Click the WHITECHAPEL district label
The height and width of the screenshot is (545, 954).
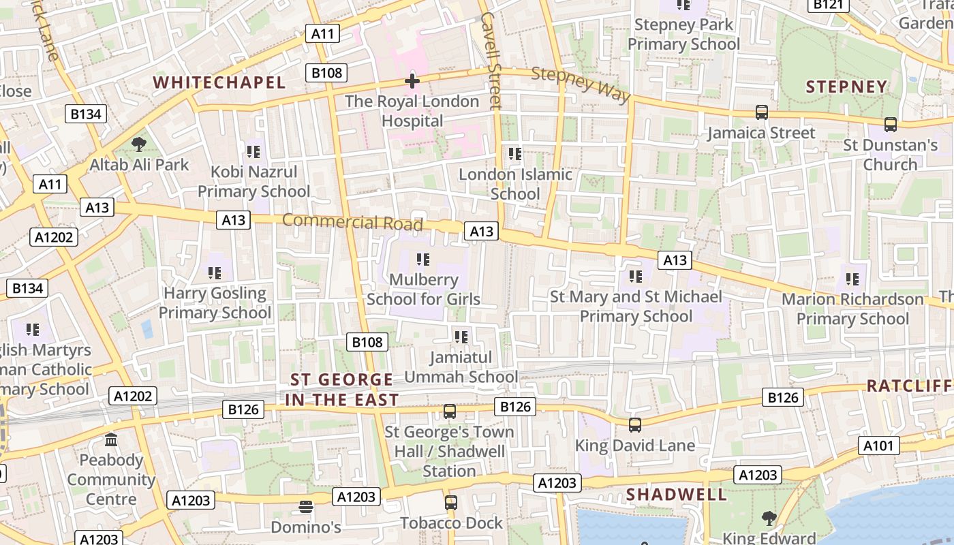pyautogui.click(x=219, y=83)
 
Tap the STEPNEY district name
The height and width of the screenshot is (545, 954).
pyautogui.click(x=847, y=87)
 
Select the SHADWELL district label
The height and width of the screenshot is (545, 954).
pyautogui.click(x=667, y=495)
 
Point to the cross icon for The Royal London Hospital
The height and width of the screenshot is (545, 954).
pyautogui.click(x=412, y=81)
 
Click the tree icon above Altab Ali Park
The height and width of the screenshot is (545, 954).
pyautogui.click(x=139, y=144)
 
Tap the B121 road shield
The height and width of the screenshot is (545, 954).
pyautogui.click(x=829, y=5)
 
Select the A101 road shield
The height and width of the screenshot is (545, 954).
pyautogui.click(x=878, y=446)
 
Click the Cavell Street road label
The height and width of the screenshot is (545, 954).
pyautogui.click(x=491, y=60)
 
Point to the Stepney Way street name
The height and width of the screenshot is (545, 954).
pyautogui.click(x=581, y=84)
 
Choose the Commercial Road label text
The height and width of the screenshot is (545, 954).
pyautogui.click(x=352, y=222)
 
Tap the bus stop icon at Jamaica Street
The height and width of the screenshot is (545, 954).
pyautogui.click(x=761, y=112)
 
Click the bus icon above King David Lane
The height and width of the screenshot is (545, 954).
pyautogui.click(x=635, y=425)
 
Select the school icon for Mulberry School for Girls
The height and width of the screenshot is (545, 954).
pyautogui.click(x=423, y=260)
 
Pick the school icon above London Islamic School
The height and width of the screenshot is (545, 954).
pyautogui.click(x=515, y=154)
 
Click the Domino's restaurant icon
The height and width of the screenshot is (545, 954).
pyautogui.click(x=306, y=507)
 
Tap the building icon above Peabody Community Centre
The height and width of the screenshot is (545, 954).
pyautogui.click(x=111, y=440)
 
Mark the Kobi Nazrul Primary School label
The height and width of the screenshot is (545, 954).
pyautogui.click(x=253, y=181)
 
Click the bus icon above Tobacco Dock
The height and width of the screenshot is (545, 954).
pyautogui.click(x=450, y=503)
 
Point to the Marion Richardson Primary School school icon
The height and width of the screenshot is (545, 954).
pyautogui.click(x=852, y=279)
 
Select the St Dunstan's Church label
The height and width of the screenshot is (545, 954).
pyautogui.click(x=890, y=155)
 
